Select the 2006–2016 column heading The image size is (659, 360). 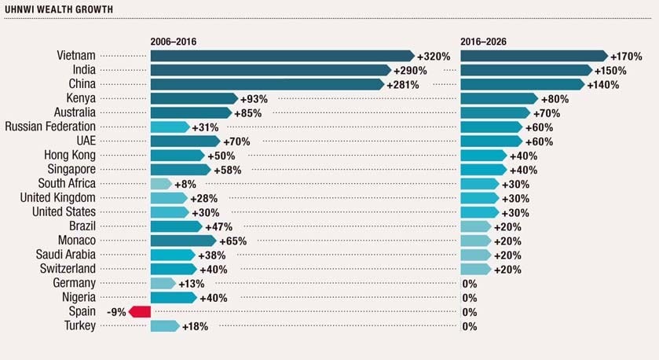[182, 40]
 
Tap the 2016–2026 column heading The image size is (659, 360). [492, 40]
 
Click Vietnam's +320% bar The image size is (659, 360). [281, 56]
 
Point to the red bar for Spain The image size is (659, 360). [140, 311]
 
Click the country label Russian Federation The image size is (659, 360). [50, 127]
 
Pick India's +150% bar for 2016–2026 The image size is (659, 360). [525, 70]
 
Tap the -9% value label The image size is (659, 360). [116, 312]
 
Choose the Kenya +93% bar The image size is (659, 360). [192, 98]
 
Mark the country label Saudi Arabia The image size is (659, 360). [66, 254]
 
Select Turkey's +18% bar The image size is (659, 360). [164, 325]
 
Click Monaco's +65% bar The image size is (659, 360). [182, 240]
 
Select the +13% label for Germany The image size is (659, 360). [192, 283]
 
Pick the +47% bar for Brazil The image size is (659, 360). [175, 226]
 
